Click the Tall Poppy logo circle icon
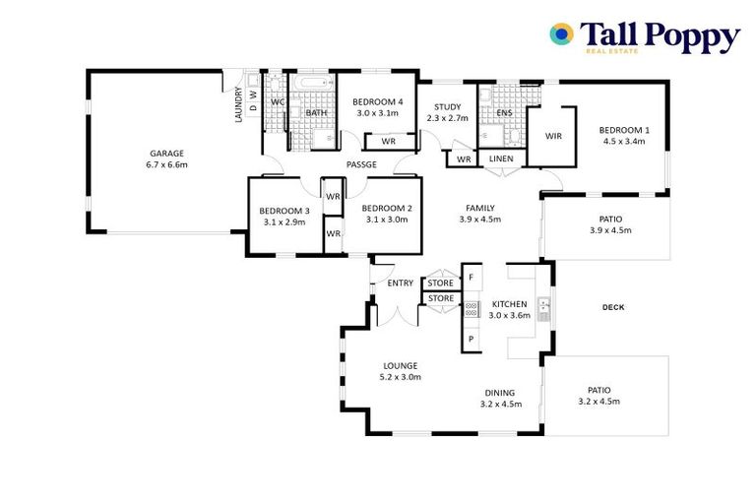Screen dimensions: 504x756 [561, 35]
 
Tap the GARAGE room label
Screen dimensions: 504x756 [167, 153]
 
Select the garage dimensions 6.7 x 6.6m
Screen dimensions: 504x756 [167, 164]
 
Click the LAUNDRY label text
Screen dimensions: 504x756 [238, 106]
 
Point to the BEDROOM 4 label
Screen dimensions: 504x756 [378, 101]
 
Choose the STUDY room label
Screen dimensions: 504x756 [447, 106]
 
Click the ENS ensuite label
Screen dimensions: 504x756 [504, 113]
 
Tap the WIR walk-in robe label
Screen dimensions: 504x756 [553, 136]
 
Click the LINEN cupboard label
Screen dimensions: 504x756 [501, 159]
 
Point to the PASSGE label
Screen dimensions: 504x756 [360, 164]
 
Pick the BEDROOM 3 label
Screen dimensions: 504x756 [284, 211]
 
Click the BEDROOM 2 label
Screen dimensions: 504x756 [386, 208]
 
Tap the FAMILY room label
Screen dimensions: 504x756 [480, 208]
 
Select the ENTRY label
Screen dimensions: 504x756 [401, 283]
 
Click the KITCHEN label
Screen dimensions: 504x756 [510, 303]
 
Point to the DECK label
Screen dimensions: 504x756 [613, 307]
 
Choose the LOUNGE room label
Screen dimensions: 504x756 [401, 365]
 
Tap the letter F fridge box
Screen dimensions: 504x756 [472, 278]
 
